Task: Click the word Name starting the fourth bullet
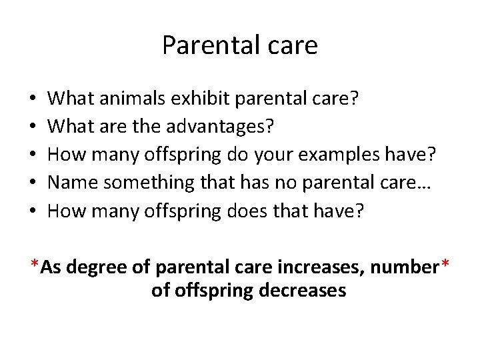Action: (x=73, y=183)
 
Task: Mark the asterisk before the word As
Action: (x=34, y=264)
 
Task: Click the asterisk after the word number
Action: (x=445, y=264)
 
